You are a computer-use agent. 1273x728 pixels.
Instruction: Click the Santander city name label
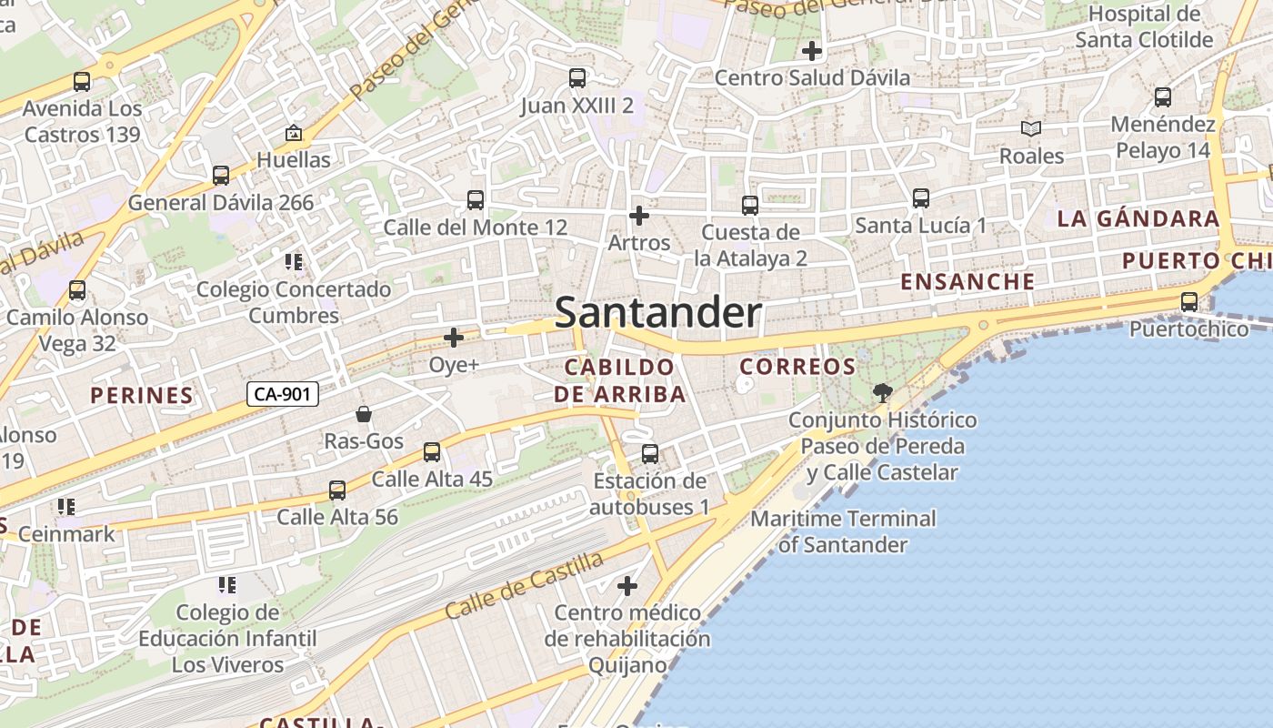tap(657, 313)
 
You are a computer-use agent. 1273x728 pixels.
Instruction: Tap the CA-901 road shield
tap(283, 394)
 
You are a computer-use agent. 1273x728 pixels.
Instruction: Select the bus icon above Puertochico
tap(1188, 301)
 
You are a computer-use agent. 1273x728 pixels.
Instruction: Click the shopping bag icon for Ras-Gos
tap(364, 414)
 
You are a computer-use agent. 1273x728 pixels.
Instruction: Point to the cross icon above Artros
tap(639, 216)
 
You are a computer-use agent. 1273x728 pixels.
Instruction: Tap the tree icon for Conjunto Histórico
tap(881, 393)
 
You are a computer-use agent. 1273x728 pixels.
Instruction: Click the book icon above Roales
tap(1030, 129)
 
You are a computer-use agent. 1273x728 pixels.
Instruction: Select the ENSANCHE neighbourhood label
tap(967, 282)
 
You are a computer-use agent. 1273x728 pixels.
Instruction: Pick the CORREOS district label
tap(797, 367)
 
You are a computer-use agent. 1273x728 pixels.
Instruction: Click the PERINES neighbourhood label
tap(142, 395)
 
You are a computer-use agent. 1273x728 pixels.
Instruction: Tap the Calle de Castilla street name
tap(525, 585)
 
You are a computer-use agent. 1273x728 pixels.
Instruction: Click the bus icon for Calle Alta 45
tap(432, 452)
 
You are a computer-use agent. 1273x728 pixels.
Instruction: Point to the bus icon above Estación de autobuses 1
tap(649, 453)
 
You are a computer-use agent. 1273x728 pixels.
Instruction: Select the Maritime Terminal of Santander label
tap(843, 531)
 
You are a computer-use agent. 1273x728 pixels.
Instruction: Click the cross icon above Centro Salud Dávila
tap(811, 51)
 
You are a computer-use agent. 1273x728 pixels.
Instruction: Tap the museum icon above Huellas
tap(293, 134)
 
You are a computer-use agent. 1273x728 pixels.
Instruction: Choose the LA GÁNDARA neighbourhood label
tap(1138, 218)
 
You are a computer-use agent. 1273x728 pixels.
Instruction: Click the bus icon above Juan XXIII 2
tap(576, 78)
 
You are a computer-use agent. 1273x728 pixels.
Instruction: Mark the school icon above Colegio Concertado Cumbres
tap(293, 263)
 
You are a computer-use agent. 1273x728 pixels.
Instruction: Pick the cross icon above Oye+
tap(453, 339)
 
